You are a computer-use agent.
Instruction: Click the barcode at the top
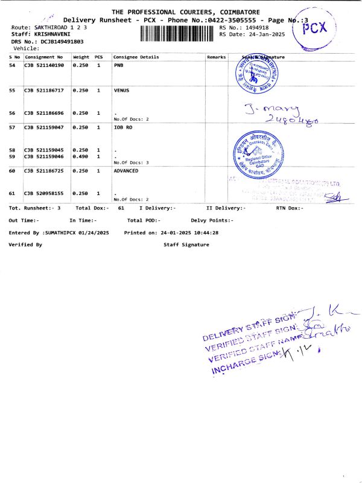(x=177, y=33)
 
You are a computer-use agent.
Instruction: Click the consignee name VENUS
(x=121, y=90)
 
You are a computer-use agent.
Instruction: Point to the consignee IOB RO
(x=122, y=128)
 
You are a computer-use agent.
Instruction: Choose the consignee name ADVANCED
(x=126, y=171)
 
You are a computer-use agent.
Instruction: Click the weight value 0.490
(x=80, y=157)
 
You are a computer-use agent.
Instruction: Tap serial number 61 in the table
(x=12, y=193)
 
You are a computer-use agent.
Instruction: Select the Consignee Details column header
(x=136, y=57)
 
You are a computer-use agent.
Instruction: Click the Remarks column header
(x=216, y=57)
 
